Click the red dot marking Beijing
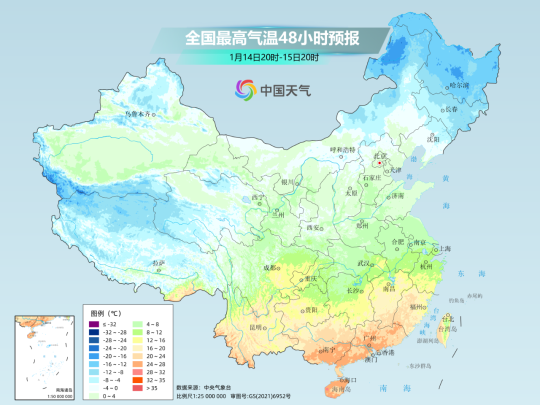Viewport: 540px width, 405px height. [379, 163]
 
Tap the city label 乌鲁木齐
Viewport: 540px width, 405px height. [137, 114]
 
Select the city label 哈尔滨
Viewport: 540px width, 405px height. [459, 86]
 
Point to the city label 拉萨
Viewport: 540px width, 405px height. [158, 263]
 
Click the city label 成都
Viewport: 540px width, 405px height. [269, 267]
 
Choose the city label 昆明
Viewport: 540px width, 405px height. [255, 327]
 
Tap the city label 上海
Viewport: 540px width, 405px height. [445, 249]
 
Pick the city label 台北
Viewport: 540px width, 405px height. [447, 319]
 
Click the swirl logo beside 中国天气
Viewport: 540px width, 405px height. [245, 90]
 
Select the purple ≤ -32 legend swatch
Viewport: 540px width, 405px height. [92, 324]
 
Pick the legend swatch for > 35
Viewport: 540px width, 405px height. [136, 387]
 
